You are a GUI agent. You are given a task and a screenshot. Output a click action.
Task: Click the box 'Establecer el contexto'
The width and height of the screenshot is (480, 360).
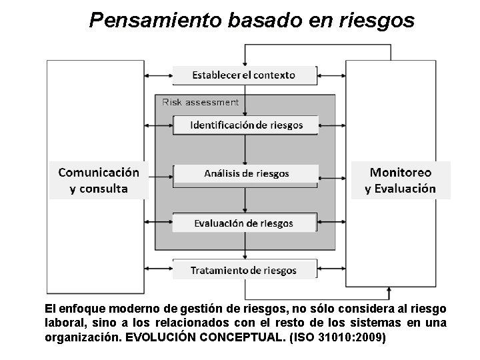pyautogui.click(x=244, y=75)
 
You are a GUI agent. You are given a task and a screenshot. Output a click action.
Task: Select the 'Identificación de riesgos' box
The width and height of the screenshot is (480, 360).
pyautogui.click(x=246, y=125)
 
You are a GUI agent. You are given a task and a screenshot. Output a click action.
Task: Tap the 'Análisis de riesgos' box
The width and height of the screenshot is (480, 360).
pyautogui.click(x=246, y=173)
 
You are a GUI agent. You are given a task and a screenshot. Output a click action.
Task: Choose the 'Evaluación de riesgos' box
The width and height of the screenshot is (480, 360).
pyautogui.click(x=244, y=223)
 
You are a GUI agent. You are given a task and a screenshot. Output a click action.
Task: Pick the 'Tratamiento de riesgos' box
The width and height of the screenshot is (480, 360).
pyautogui.click(x=244, y=270)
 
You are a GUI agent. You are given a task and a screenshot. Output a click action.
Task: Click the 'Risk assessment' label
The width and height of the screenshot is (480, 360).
pyautogui.click(x=200, y=103)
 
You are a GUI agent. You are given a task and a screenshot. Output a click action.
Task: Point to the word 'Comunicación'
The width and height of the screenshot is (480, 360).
pyautogui.click(x=99, y=172)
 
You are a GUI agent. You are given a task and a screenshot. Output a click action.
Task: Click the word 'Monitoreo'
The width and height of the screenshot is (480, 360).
pyautogui.click(x=400, y=172)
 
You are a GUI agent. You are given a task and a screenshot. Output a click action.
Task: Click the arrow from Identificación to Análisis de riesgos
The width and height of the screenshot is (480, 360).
pyautogui.click(x=245, y=149)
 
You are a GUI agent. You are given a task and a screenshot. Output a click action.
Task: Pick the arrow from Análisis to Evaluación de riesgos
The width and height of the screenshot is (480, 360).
pyautogui.click(x=245, y=198)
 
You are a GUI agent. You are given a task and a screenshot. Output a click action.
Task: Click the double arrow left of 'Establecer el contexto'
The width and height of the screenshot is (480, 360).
pyautogui.click(x=159, y=75)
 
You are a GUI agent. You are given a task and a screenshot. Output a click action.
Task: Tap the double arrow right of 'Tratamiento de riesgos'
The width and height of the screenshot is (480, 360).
pyautogui.click(x=331, y=271)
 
